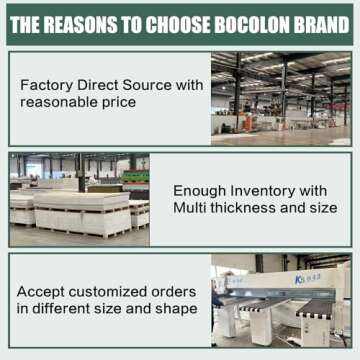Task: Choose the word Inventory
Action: pos(264,190)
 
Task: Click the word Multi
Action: pos(193,207)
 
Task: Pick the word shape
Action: pos(177,308)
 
